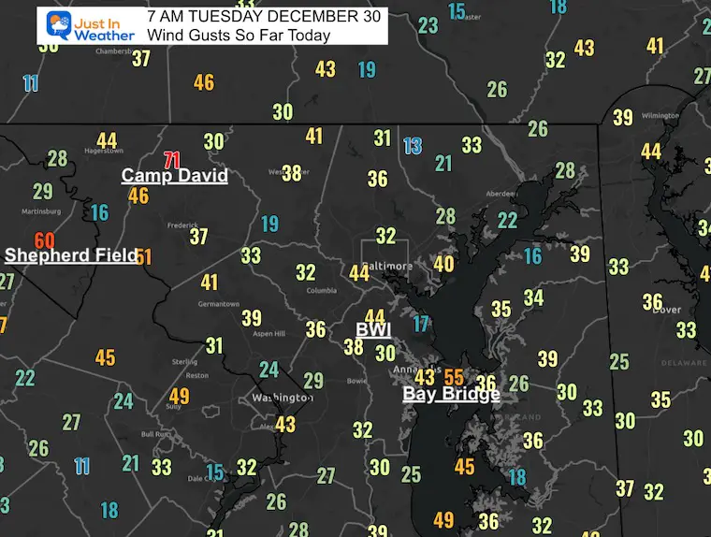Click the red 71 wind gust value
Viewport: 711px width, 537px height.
[x=171, y=159]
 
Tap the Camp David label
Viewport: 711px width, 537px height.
[x=175, y=176]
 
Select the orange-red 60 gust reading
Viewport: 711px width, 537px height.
[x=44, y=240]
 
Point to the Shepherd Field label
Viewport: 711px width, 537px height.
[x=71, y=255]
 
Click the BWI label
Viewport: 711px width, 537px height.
[x=372, y=330]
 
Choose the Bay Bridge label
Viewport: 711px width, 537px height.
[x=451, y=394]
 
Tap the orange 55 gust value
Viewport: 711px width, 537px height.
[x=454, y=376]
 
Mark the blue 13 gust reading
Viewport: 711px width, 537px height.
[x=413, y=145]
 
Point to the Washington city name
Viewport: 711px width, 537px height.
[x=283, y=399]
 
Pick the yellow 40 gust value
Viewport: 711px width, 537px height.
[x=443, y=265]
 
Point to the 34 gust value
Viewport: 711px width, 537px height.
[x=533, y=298]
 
